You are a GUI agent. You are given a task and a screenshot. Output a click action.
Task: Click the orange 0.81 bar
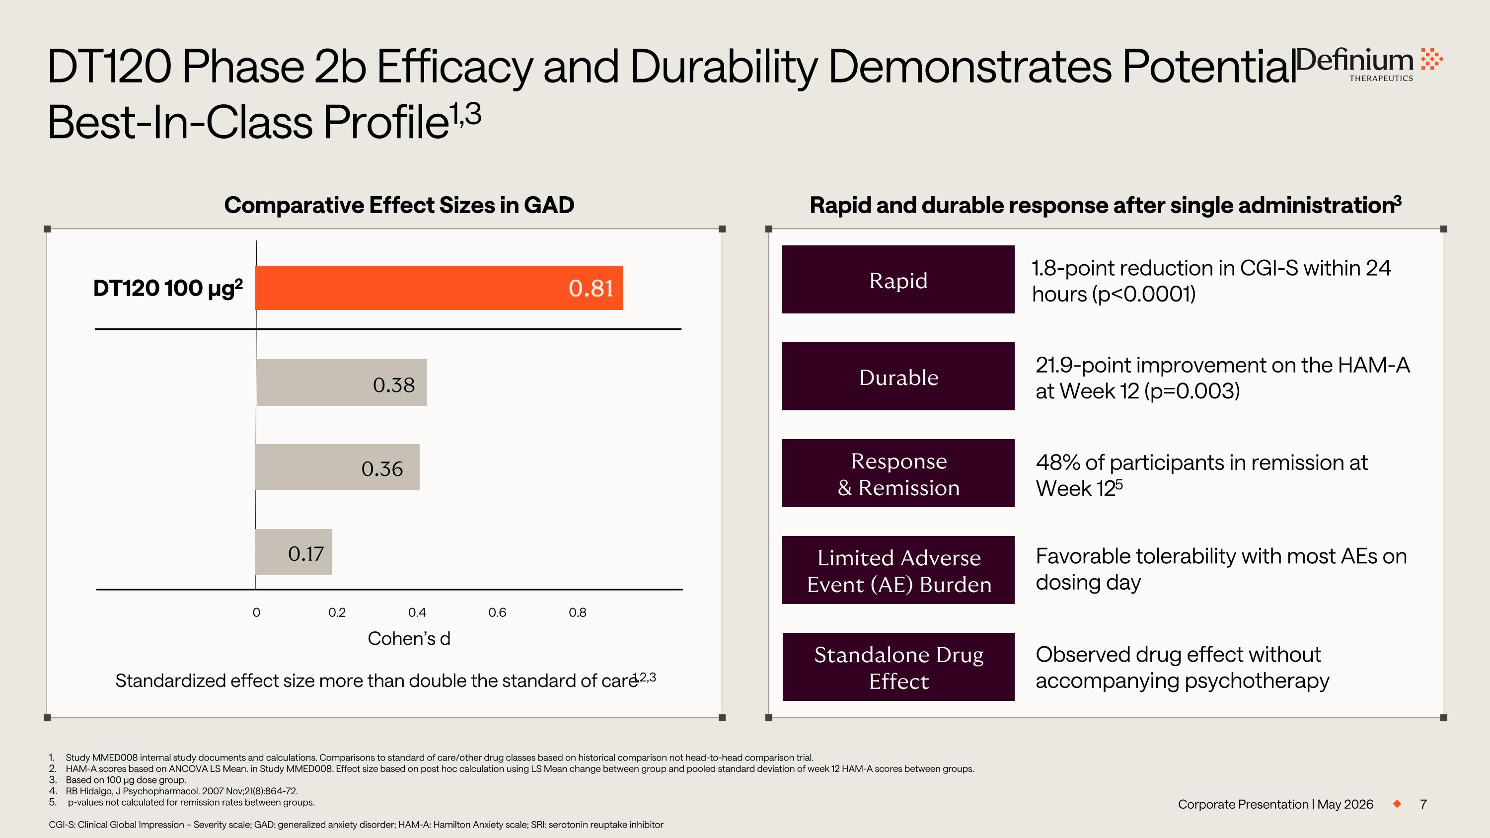coord(439,288)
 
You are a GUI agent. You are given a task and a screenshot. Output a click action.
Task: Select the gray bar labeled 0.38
coord(341,382)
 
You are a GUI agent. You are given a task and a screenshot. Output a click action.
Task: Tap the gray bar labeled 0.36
coord(337,467)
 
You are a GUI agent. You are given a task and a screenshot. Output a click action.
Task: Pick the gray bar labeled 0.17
coord(294,552)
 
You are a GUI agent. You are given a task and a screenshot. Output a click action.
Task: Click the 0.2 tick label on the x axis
coord(337,612)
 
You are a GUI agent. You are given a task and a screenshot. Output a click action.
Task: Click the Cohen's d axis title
coord(409,638)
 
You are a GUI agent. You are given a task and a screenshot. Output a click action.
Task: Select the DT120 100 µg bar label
coord(168,288)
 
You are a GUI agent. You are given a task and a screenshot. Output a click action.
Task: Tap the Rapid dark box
coord(898,279)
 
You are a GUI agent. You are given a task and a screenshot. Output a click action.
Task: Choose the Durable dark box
coord(898,377)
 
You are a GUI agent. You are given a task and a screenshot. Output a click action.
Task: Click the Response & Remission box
coord(898,473)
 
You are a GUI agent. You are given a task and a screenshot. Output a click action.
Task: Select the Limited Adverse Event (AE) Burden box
coord(898,570)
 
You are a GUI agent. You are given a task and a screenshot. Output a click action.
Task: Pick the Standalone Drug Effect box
coord(898,667)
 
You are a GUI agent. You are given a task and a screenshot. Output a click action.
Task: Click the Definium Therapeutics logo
coord(1370,63)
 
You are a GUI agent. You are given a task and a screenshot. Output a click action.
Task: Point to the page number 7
coord(1423,804)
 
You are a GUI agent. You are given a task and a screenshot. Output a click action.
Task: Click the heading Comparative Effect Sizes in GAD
coord(399,205)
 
